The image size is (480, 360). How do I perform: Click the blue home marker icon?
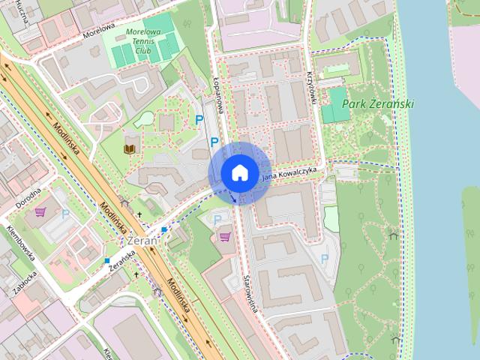238,172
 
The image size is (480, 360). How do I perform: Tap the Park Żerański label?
378,104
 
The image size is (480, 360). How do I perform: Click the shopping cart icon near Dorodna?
40,212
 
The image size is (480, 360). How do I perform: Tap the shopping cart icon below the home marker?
224,236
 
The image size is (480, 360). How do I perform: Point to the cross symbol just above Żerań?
139,215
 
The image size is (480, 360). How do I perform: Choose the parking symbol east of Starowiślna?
325,259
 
